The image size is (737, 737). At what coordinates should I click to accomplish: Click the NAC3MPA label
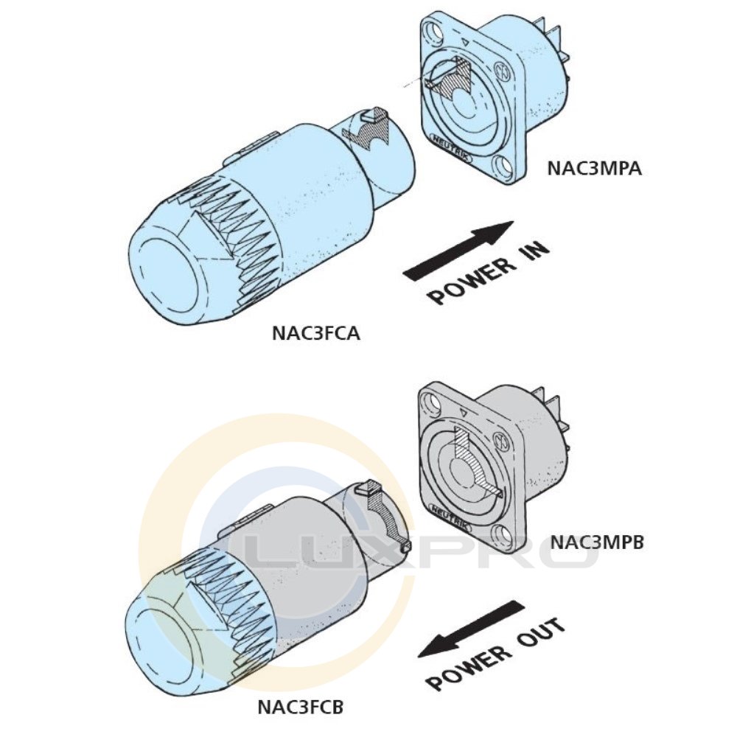(594, 168)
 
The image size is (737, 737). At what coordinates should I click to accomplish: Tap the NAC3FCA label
(316, 333)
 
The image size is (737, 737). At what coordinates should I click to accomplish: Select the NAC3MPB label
(596, 542)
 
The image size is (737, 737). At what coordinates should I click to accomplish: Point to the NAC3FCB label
(301, 707)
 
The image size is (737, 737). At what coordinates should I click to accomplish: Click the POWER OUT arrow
(472, 628)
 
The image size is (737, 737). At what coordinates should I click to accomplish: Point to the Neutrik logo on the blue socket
(451, 148)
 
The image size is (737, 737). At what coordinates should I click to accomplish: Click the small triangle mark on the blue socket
(465, 41)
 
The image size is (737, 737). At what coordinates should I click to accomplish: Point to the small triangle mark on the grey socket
(464, 413)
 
